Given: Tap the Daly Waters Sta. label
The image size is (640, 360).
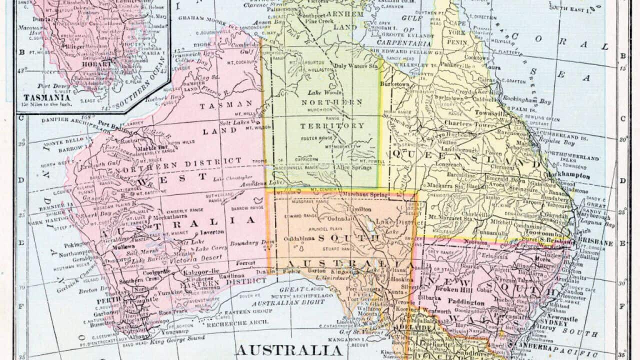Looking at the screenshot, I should tap(356, 65).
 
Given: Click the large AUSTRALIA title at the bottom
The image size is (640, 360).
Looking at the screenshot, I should tap(289, 349).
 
